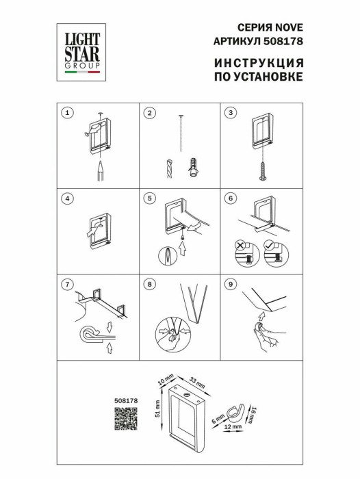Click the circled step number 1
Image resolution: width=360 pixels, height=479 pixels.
point(66,112)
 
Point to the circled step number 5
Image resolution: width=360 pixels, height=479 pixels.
point(150,198)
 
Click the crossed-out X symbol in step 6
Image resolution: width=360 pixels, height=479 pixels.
point(240,244)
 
